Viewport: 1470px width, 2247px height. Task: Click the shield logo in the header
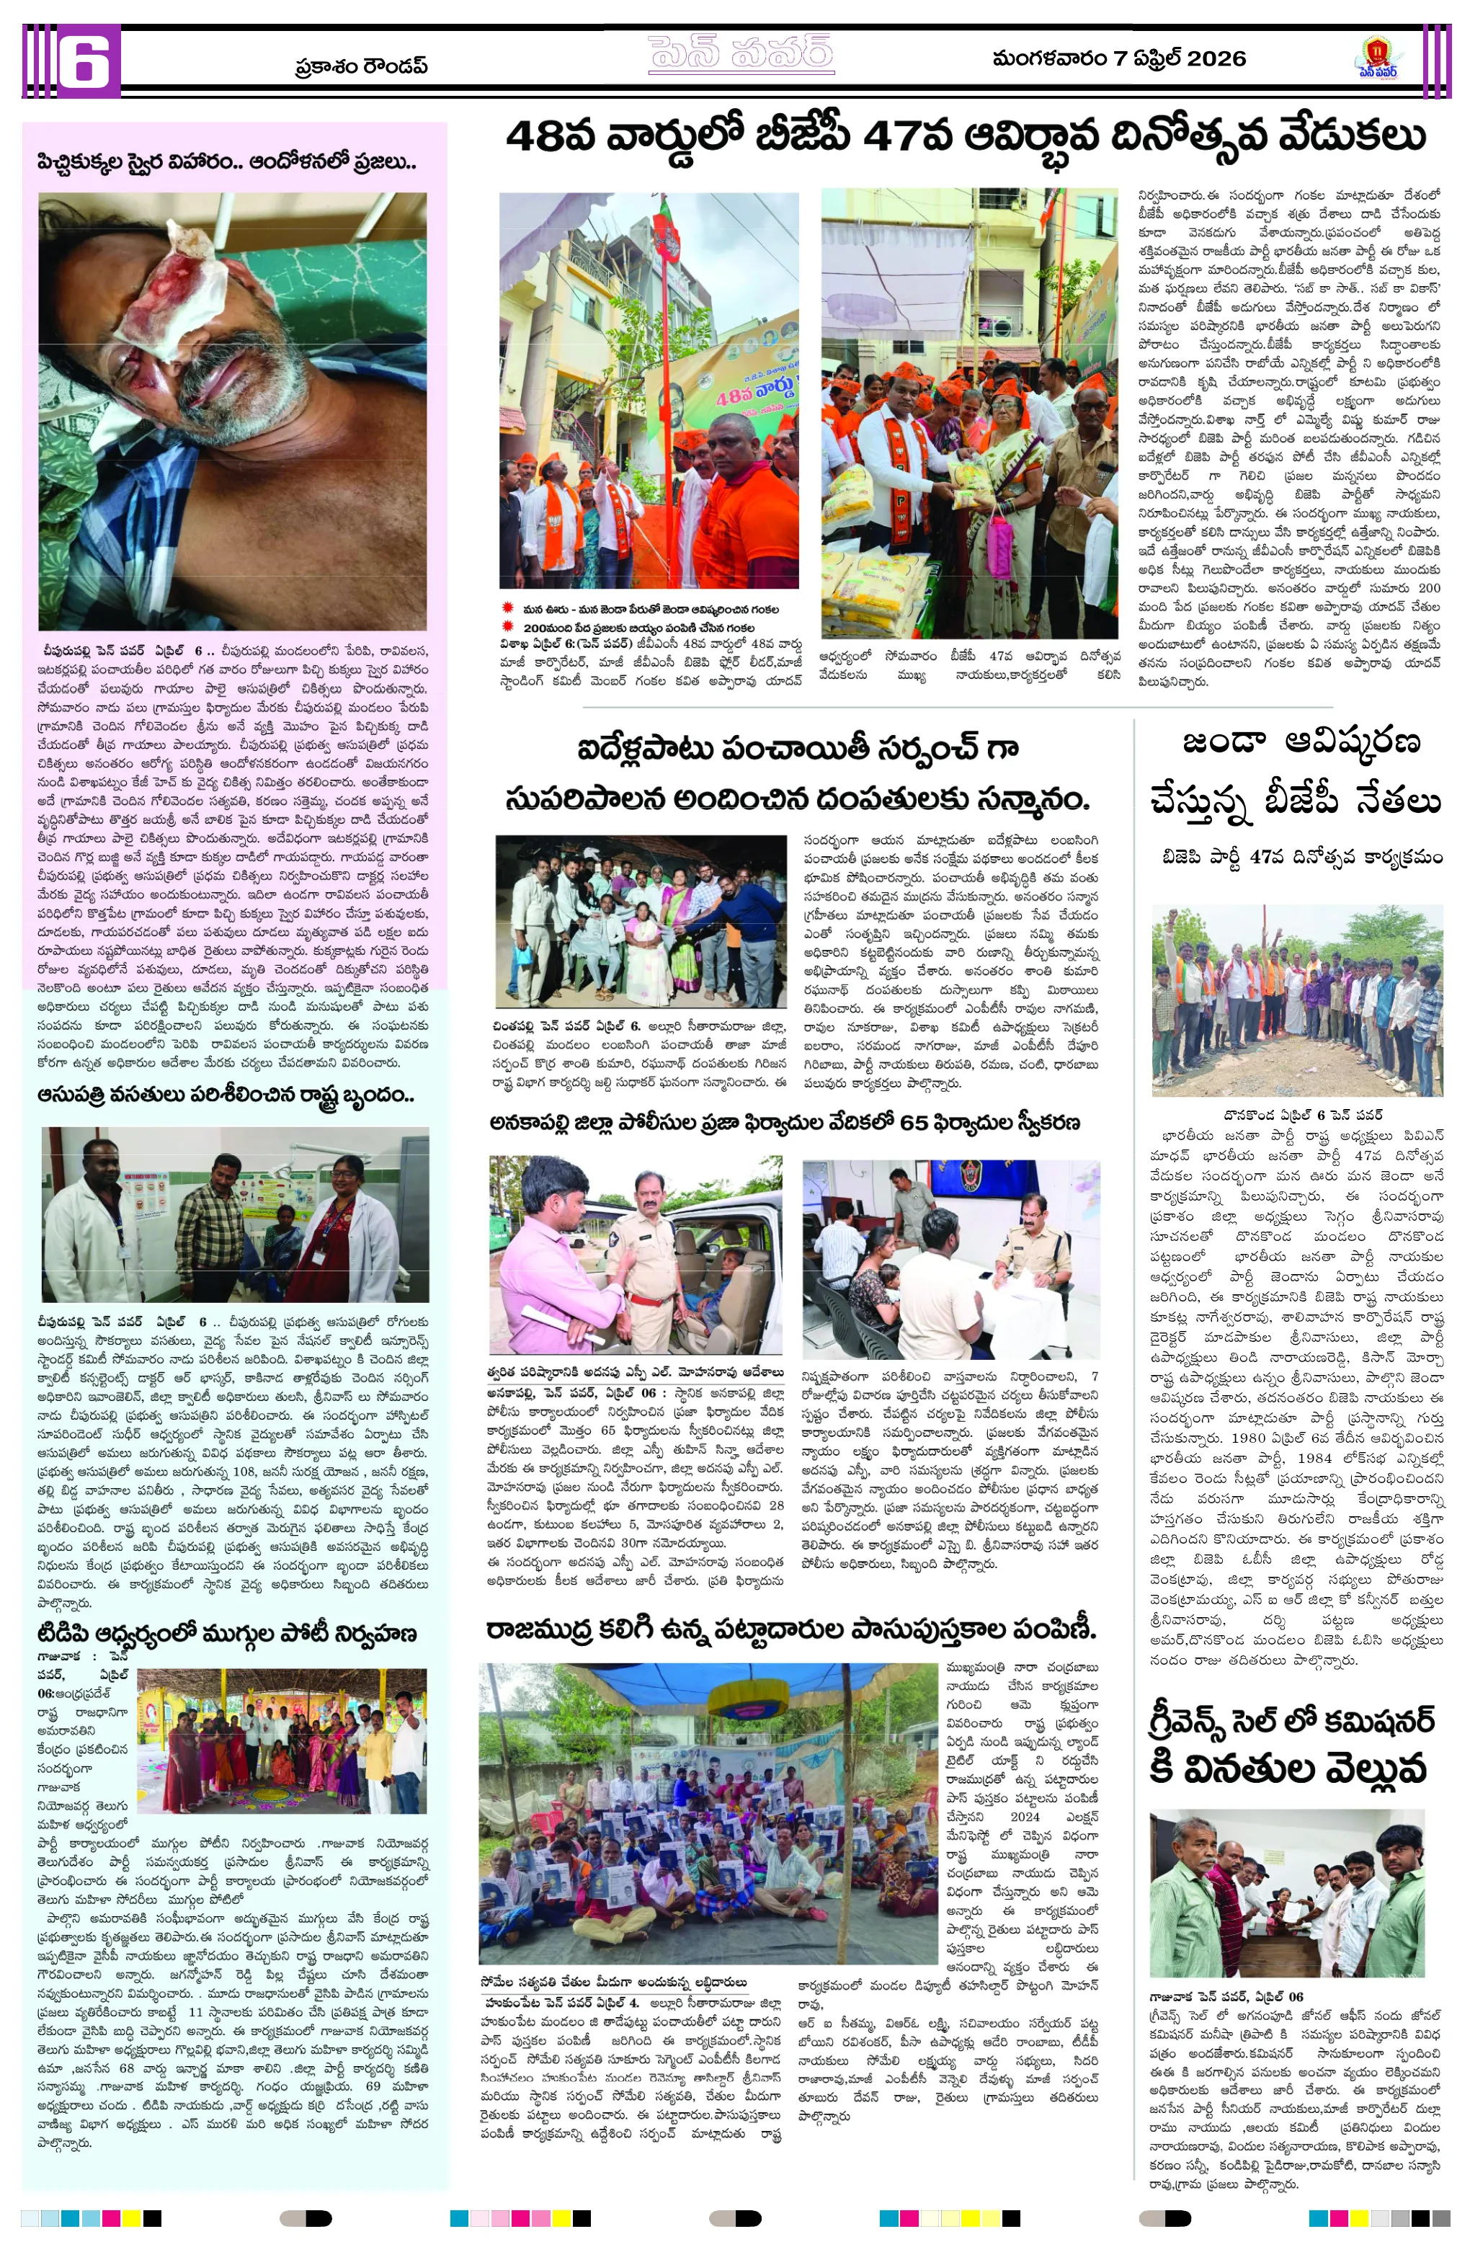(x=1378, y=57)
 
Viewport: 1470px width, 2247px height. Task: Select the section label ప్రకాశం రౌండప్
(x=361, y=66)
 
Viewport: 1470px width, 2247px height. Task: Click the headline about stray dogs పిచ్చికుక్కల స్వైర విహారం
(x=226, y=162)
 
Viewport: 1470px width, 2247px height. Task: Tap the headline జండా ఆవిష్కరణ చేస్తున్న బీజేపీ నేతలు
(x=1296, y=771)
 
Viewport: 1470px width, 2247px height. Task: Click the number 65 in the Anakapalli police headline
(x=914, y=1123)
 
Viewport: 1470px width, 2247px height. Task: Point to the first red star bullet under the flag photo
(x=507, y=609)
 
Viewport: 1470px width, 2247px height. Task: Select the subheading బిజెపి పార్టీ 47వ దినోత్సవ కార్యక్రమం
(x=1302, y=858)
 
